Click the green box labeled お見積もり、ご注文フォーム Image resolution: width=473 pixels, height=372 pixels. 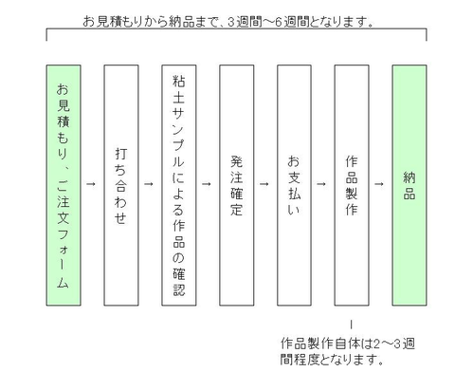pyautogui.click(x=64, y=185)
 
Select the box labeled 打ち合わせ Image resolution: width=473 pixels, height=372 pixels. pyautogui.click(x=121, y=185)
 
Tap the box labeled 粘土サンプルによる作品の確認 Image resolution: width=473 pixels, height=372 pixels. pyautogui.click(x=179, y=185)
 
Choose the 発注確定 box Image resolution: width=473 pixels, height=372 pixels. pyautogui.click(x=237, y=185)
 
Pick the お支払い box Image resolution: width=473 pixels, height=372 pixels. pyautogui.click(x=294, y=185)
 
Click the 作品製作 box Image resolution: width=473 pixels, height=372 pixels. pyautogui.click(x=352, y=185)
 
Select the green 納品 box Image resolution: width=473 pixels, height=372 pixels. pyautogui.click(x=409, y=185)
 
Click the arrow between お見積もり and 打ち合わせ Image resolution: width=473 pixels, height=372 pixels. pyautogui.click(x=91, y=184)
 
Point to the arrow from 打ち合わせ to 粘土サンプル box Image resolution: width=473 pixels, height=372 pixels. pyautogui.click(x=149, y=184)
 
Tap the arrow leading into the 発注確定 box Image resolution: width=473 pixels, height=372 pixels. pyautogui.click(x=207, y=184)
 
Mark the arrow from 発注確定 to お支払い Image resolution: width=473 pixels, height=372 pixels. pyautogui.click(x=264, y=184)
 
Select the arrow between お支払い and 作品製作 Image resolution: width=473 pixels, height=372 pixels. pyautogui.click(x=321, y=184)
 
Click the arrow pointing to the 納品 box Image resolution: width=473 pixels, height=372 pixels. pyautogui.click(x=379, y=184)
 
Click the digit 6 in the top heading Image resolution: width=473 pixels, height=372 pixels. pyautogui.click(x=278, y=22)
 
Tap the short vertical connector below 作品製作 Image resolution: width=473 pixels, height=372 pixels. pyautogui.click(x=352, y=325)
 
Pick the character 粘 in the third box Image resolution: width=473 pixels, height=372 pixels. pyautogui.click(x=179, y=82)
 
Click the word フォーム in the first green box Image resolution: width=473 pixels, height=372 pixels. pyautogui.click(x=63, y=258)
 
